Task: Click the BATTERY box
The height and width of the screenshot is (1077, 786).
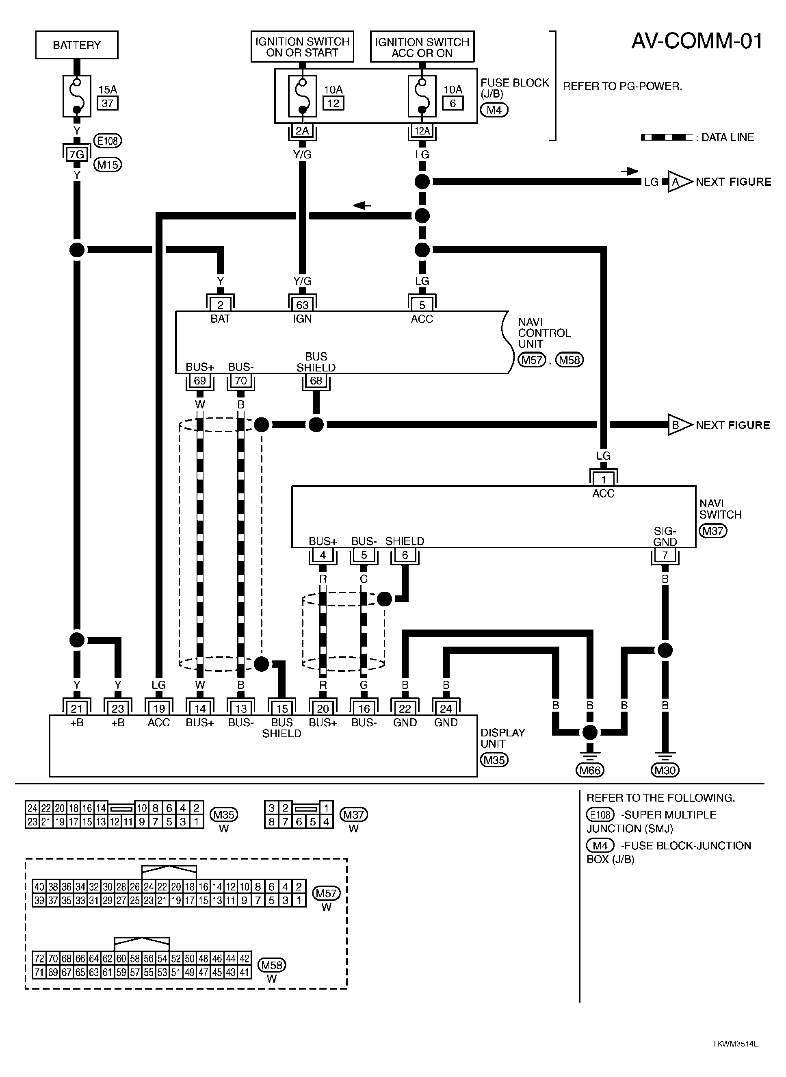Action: coord(77,45)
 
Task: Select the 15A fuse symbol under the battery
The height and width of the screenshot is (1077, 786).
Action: coord(77,96)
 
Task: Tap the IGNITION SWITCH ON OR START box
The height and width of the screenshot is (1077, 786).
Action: coord(302,47)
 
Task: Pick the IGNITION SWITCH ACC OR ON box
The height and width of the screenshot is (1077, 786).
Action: coord(422,47)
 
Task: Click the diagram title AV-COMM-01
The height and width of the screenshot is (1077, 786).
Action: coord(697,41)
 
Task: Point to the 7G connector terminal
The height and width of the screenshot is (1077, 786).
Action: coord(77,154)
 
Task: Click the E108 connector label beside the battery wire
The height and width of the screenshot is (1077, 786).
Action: coord(108,141)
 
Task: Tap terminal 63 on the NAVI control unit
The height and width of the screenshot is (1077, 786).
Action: coord(302,304)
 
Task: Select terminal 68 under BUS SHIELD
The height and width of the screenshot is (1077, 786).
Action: coord(316,381)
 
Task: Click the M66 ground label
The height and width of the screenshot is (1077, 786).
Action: coord(589,770)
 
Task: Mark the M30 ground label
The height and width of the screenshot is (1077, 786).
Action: coord(665,770)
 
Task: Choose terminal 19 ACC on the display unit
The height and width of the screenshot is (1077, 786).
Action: coord(159,709)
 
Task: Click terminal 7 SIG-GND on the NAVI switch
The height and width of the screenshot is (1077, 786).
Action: coord(665,555)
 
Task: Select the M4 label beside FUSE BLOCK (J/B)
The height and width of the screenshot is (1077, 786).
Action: coord(494,110)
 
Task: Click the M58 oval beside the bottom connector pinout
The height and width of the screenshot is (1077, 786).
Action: coord(272,965)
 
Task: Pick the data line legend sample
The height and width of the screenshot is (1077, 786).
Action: coord(667,137)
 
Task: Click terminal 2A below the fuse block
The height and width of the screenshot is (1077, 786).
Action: coord(302,131)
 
